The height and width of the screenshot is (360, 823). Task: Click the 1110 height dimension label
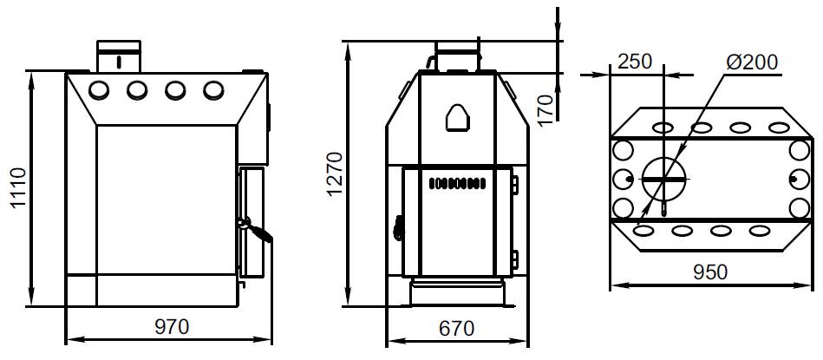click(19, 188)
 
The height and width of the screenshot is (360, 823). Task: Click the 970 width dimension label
click(171, 327)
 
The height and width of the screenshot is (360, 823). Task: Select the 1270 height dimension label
click(334, 173)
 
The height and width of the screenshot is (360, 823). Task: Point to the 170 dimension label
click(545, 110)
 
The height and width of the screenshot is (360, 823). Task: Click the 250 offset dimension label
click(635, 62)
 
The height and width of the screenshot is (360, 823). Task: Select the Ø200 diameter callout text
click(752, 62)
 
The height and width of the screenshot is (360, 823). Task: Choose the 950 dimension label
click(710, 272)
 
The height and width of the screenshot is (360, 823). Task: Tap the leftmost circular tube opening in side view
click(98, 90)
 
